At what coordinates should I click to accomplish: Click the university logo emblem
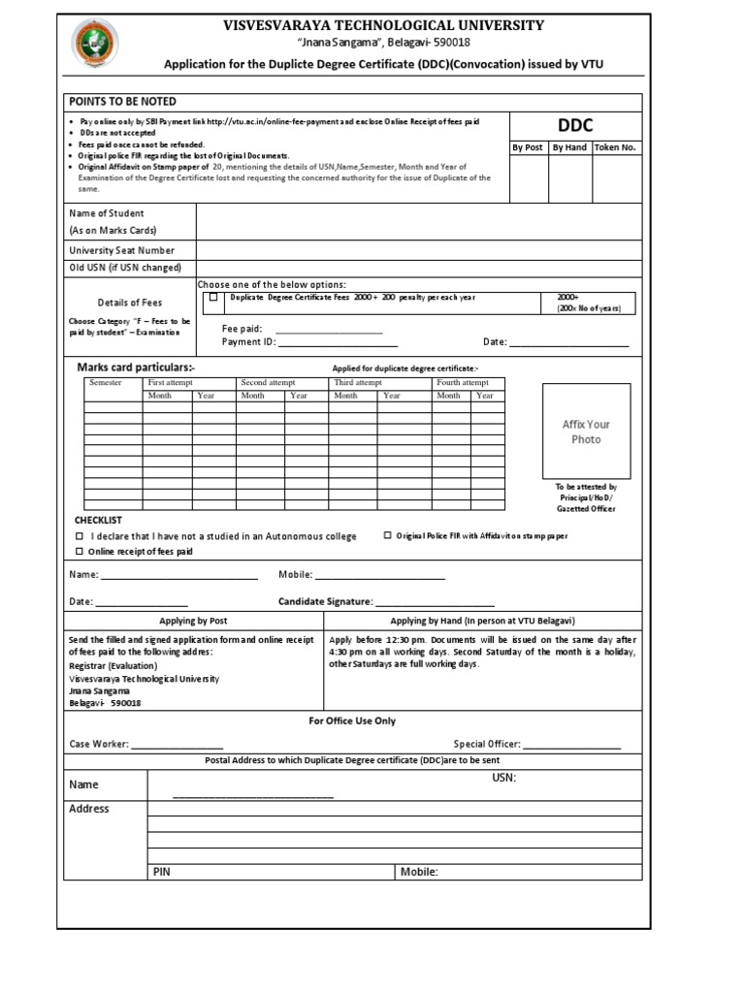pos(94,43)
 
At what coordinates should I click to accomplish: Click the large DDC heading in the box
pos(574,126)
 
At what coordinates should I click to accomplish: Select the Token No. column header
pos(616,148)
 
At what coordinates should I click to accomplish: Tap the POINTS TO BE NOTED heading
pos(121,102)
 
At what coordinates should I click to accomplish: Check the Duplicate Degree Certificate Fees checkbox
pos(213,298)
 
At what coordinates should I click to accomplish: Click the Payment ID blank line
pos(337,342)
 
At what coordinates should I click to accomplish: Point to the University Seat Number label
pos(122,250)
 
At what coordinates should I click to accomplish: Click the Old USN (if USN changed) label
pos(125,268)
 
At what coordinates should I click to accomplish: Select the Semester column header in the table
pos(106,383)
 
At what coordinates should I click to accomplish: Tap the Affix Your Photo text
pos(586,432)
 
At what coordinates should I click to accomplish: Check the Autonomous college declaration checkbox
pos(80,536)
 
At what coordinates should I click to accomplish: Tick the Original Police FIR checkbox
pos(388,535)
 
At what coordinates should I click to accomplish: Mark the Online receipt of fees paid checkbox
pos(80,552)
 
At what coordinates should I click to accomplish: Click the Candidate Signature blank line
pos(435,602)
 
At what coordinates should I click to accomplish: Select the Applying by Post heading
pos(193,621)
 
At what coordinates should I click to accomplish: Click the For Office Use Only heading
pos(351,721)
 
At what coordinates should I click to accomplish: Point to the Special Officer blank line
pos(571,746)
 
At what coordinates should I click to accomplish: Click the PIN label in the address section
pos(162,872)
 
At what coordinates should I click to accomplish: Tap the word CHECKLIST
pos(98,521)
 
